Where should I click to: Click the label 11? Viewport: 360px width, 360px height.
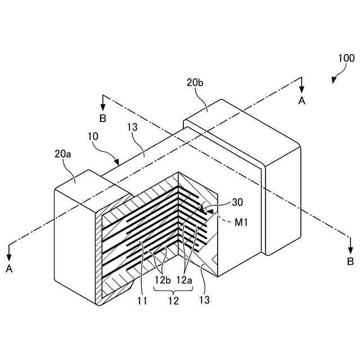pyautogui.click(x=142, y=300)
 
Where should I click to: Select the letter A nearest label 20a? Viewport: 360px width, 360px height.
pyautogui.click(x=10, y=269)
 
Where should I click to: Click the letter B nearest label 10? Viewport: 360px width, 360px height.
pyautogui.click(x=102, y=118)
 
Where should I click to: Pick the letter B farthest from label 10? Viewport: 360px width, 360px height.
pyautogui.click(x=350, y=261)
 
